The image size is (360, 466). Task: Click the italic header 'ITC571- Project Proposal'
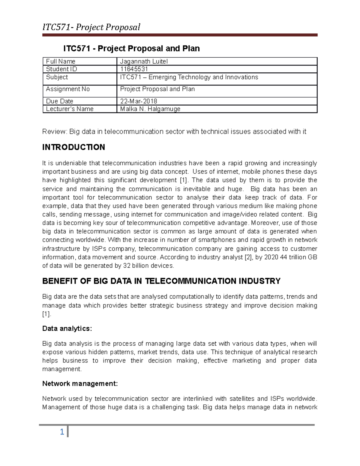coord(91,27)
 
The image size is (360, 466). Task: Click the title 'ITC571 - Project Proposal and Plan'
coord(131,49)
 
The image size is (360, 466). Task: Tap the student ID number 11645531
coord(134,69)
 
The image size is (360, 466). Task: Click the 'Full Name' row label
coord(61,62)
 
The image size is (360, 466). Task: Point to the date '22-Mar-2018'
coord(139,101)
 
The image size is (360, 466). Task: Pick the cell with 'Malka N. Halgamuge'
coord(150,109)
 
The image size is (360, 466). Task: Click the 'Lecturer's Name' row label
coord(70,109)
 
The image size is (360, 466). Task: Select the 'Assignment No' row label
coord(68,89)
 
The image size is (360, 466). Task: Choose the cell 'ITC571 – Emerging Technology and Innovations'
coord(189,77)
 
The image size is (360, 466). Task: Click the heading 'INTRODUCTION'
coord(73,147)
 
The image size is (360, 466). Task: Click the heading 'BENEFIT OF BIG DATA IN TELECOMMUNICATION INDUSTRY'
coord(161,281)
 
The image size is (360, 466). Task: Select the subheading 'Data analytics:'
coord(67,329)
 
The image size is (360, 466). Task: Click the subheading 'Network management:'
coord(80,383)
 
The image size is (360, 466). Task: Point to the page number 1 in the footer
coord(62,432)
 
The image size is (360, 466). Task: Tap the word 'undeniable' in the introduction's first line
coord(71,163)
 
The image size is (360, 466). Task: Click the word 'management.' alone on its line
coord(62,369)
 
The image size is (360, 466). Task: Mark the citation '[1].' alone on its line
coord(47,314)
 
